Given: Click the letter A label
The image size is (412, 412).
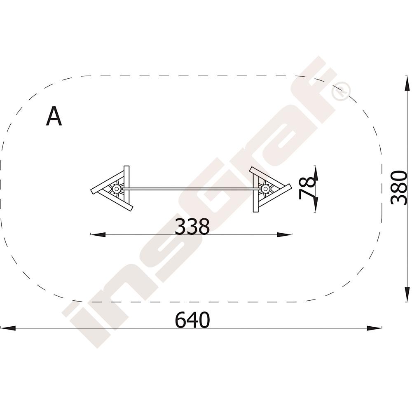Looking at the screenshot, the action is coord(54,116).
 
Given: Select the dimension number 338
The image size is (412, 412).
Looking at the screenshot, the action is coord(192,226).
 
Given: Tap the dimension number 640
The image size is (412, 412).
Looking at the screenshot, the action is coord(192,320).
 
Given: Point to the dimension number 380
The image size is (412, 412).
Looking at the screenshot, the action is coord(399,187).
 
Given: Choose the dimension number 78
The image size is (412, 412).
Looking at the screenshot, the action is coord(307,188).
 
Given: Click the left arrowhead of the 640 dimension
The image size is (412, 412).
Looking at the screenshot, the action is coord(8,328).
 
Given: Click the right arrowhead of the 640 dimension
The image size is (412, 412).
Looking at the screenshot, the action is coord(375,328).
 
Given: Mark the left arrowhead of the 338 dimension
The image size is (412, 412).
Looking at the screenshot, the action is coord(98,235).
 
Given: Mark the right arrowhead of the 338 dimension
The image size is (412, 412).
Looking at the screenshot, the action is coord(285,235).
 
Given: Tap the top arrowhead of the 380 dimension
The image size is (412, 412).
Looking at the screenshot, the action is coord(407,84).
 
